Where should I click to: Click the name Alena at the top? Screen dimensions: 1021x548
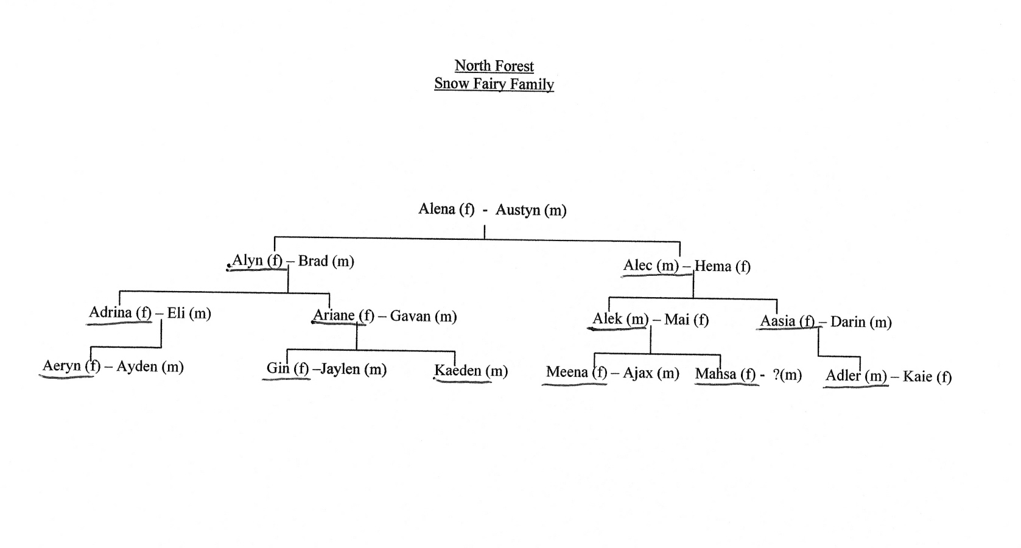436,209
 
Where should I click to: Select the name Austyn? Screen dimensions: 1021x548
518,210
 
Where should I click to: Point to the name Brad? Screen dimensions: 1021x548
313,261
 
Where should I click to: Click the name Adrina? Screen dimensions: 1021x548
110,312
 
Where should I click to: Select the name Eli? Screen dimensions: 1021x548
176,313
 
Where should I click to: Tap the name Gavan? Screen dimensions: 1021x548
410,316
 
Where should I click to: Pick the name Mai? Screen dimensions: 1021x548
676,320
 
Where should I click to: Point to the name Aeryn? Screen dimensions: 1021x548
61,366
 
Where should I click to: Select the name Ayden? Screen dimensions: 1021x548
137,367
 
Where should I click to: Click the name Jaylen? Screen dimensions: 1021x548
343,369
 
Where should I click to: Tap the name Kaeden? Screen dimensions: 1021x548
458,370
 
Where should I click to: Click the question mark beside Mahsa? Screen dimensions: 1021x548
776,374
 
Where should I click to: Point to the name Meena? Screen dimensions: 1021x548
567,372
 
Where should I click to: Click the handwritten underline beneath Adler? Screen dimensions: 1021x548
855,387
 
